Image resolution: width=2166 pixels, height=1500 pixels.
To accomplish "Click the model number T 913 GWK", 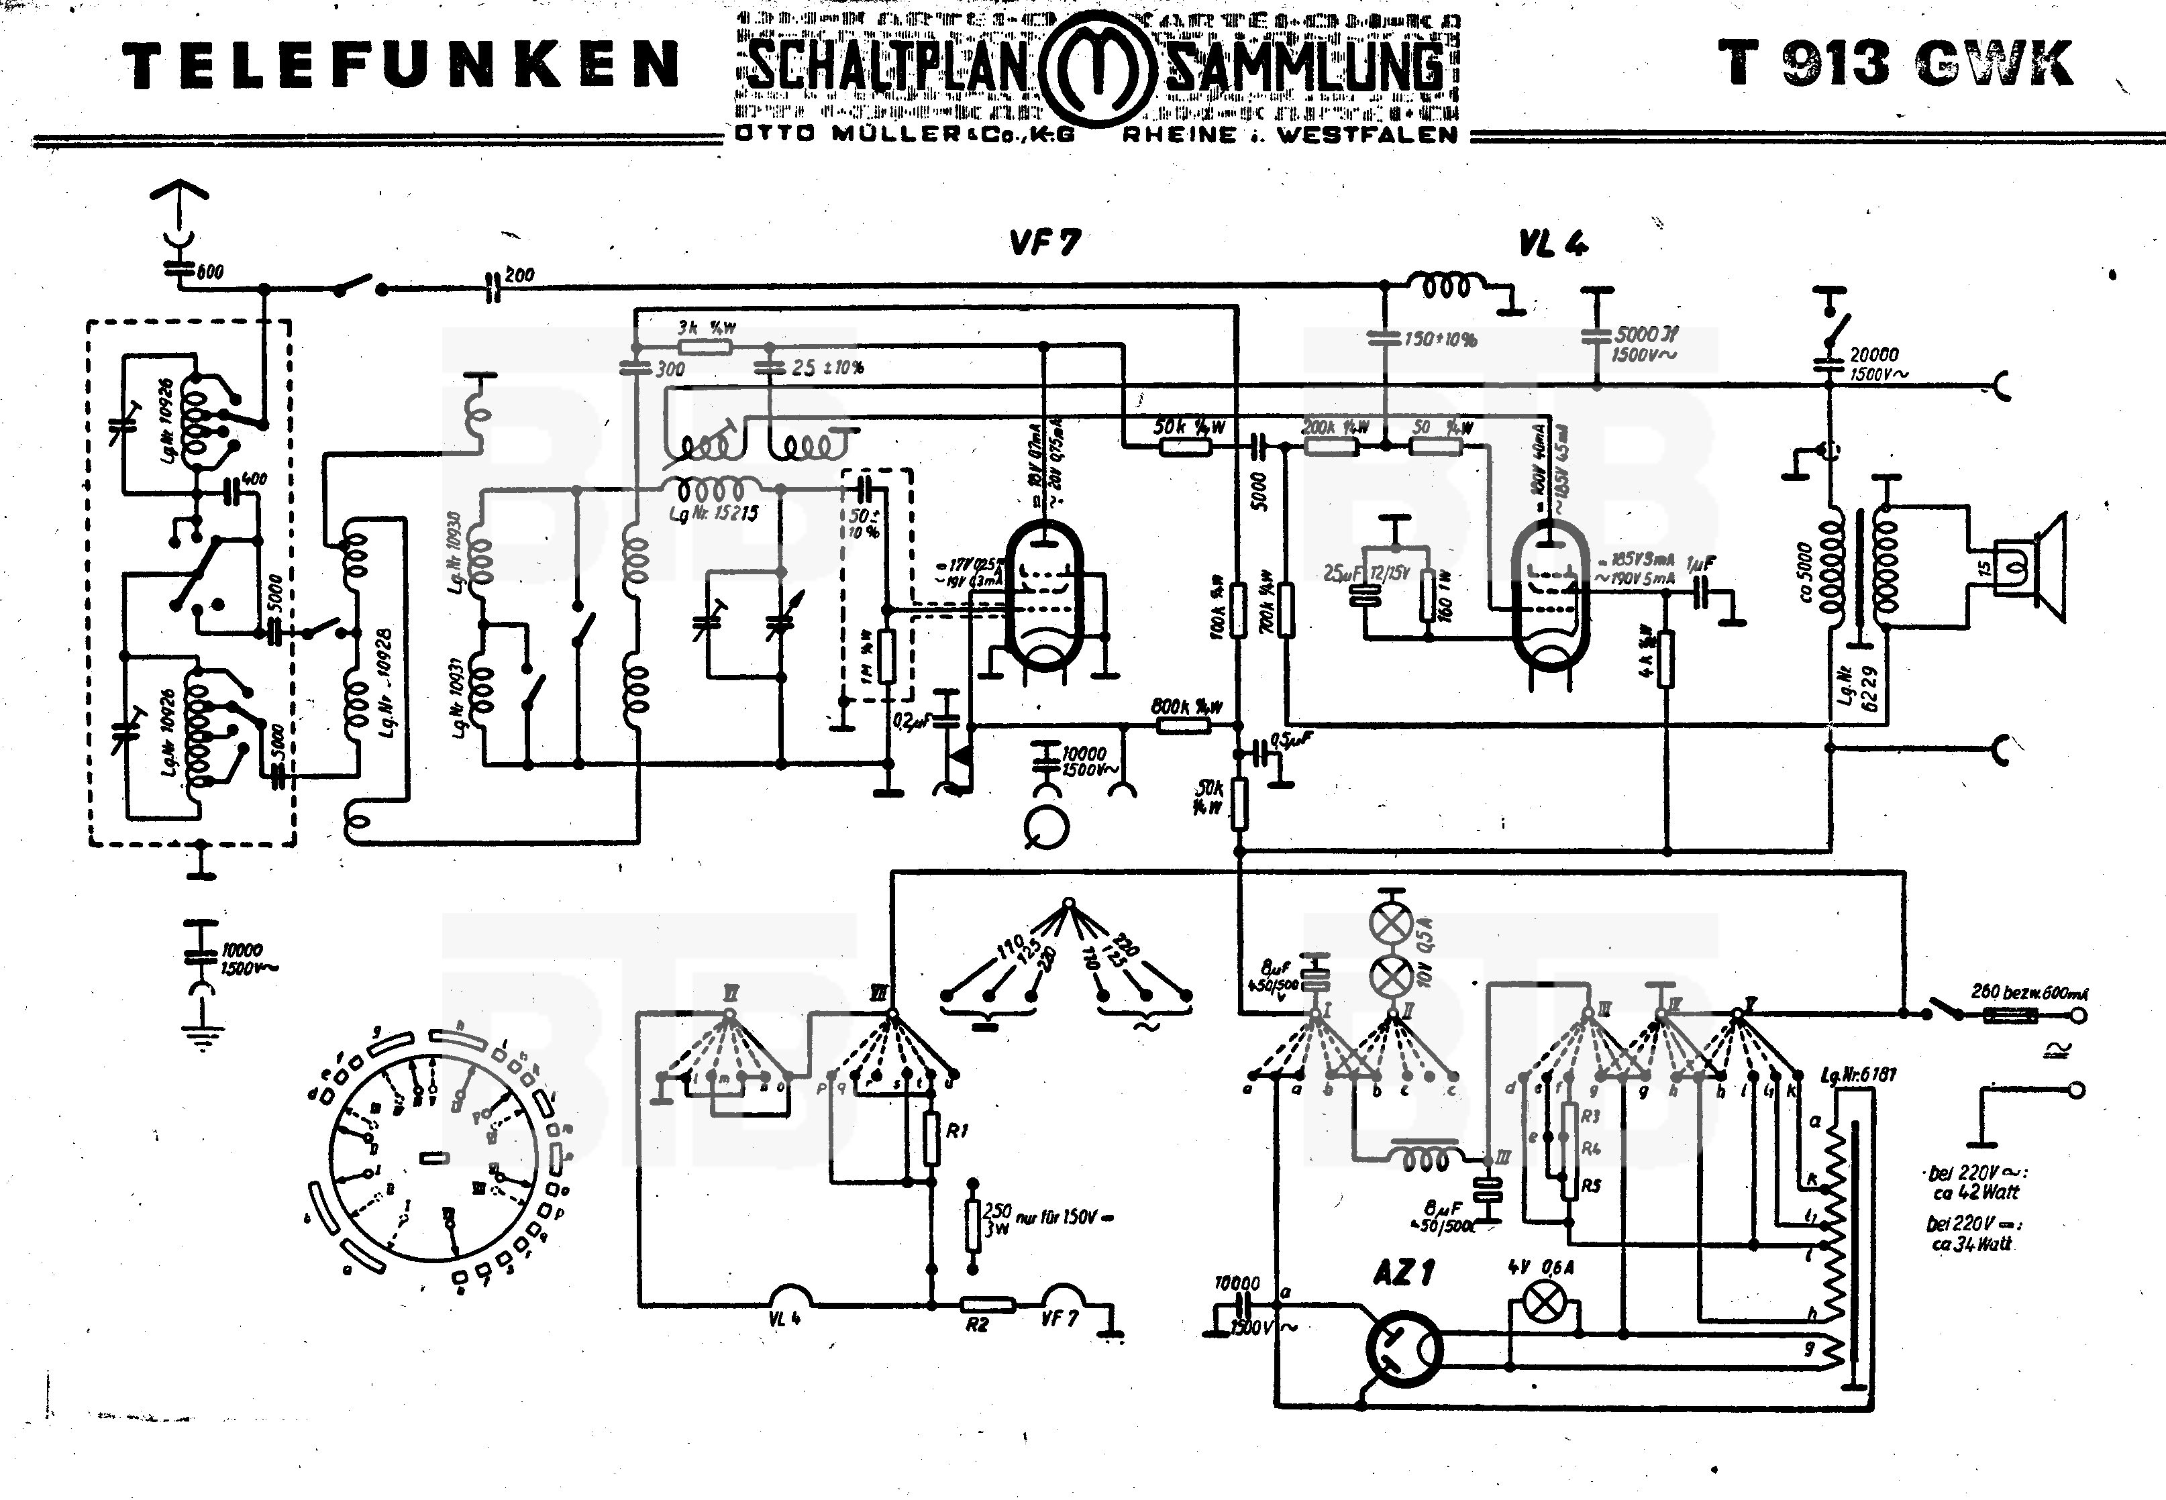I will [1895, 64].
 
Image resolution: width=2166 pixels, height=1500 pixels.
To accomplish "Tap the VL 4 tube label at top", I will [1553, 244].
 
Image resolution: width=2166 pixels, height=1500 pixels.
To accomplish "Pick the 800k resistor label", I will [1186, 707].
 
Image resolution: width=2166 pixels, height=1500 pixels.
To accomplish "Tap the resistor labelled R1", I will [931, 1138].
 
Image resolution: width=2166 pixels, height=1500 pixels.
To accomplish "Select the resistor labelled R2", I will [987, 1305].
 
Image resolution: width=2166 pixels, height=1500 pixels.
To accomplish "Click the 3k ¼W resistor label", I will [706, 328].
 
